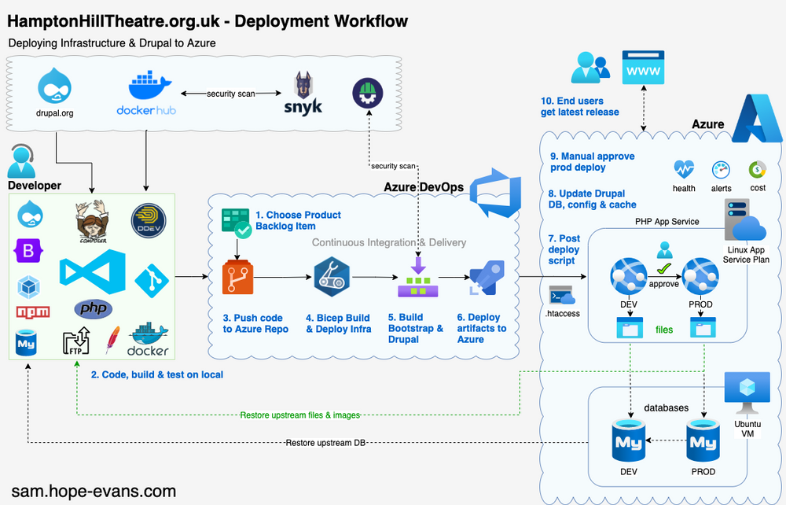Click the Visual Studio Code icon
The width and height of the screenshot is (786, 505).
(92, 272)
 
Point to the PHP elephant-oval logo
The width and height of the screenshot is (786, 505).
(93, 308)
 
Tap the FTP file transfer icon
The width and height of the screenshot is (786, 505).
(76, 343)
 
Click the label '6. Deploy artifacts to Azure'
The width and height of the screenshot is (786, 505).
(482, 328)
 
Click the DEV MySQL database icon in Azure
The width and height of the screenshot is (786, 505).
(629, 444)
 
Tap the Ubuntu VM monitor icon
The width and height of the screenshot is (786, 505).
(742, 391)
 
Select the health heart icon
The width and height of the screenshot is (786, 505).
(684, 169)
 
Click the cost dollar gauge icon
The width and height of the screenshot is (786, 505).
(758, 169)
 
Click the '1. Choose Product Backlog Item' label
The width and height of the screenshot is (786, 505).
(298, 221)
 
